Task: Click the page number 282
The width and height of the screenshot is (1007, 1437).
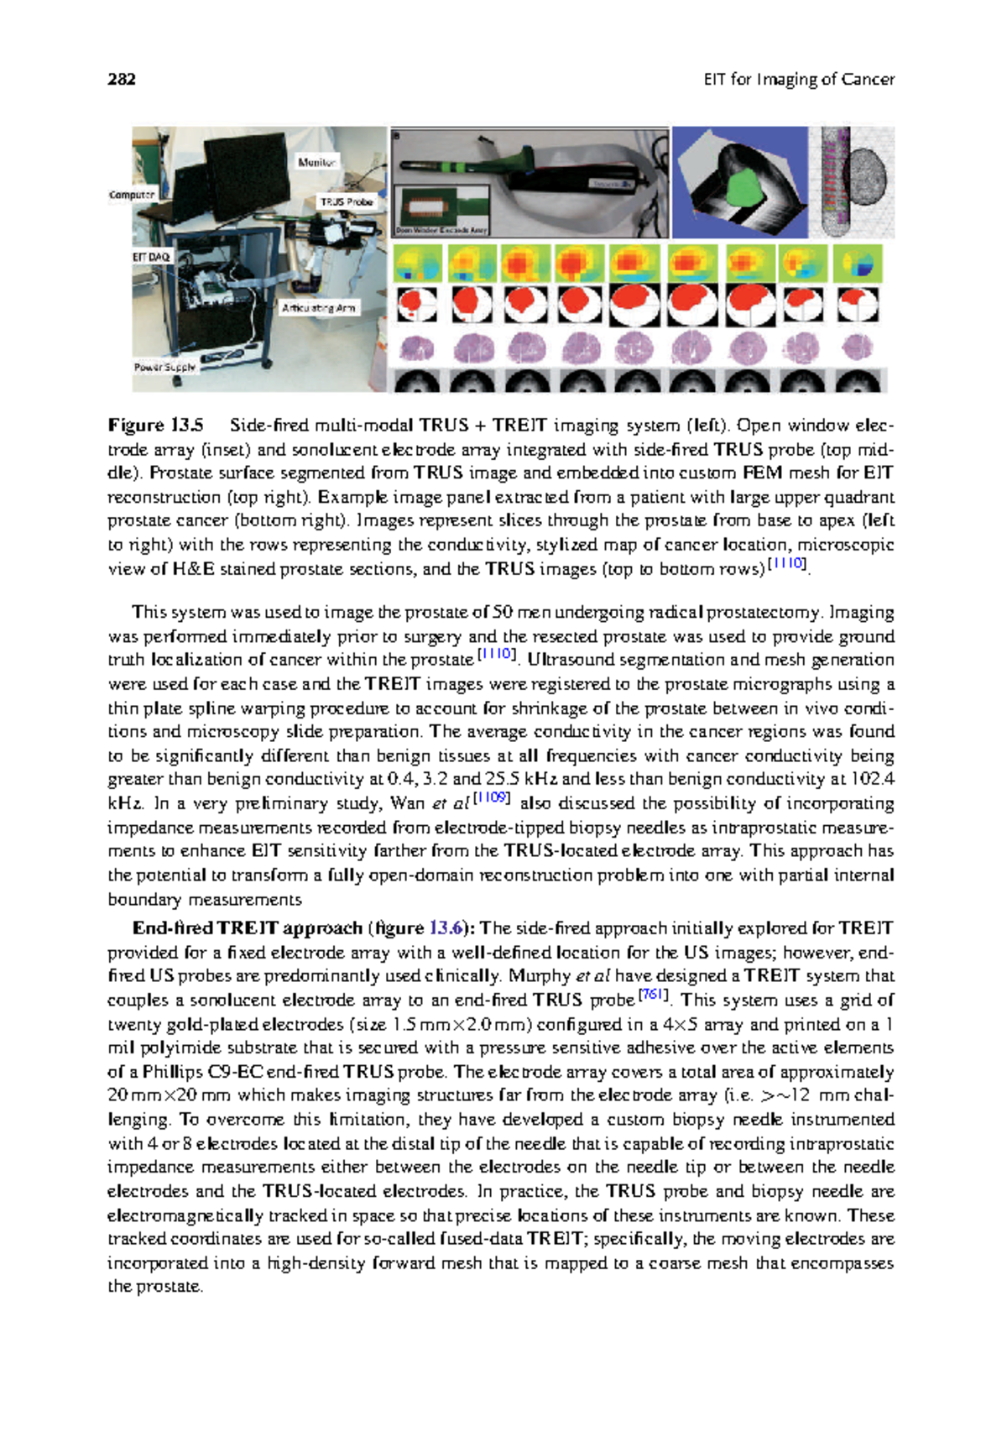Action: coord(122,80)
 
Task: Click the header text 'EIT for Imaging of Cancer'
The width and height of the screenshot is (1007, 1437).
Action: coord(798,80)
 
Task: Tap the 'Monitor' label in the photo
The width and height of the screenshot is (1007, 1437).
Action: coord(316,162)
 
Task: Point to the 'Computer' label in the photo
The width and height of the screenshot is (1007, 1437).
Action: coord(132,195)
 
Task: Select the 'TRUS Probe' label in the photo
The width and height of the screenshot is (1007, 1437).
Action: coord(346,201)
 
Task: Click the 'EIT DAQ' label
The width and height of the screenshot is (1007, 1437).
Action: coord(151,257)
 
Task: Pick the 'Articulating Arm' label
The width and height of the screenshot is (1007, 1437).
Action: coord(319,308)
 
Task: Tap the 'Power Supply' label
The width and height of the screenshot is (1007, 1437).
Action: coord(164,367)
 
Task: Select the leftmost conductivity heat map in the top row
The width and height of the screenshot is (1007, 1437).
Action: coord(417,264)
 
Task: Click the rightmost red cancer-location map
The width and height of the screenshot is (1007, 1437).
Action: coord(858,304)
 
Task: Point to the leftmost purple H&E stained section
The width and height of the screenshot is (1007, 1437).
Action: coord(417,347)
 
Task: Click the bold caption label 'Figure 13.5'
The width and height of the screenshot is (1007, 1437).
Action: coord(155,425)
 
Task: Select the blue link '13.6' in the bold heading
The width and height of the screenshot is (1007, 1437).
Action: coord(446,928)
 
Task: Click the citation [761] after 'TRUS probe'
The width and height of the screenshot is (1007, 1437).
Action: coord(652,995)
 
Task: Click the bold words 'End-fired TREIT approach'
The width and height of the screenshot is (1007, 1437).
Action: coord(247,928)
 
